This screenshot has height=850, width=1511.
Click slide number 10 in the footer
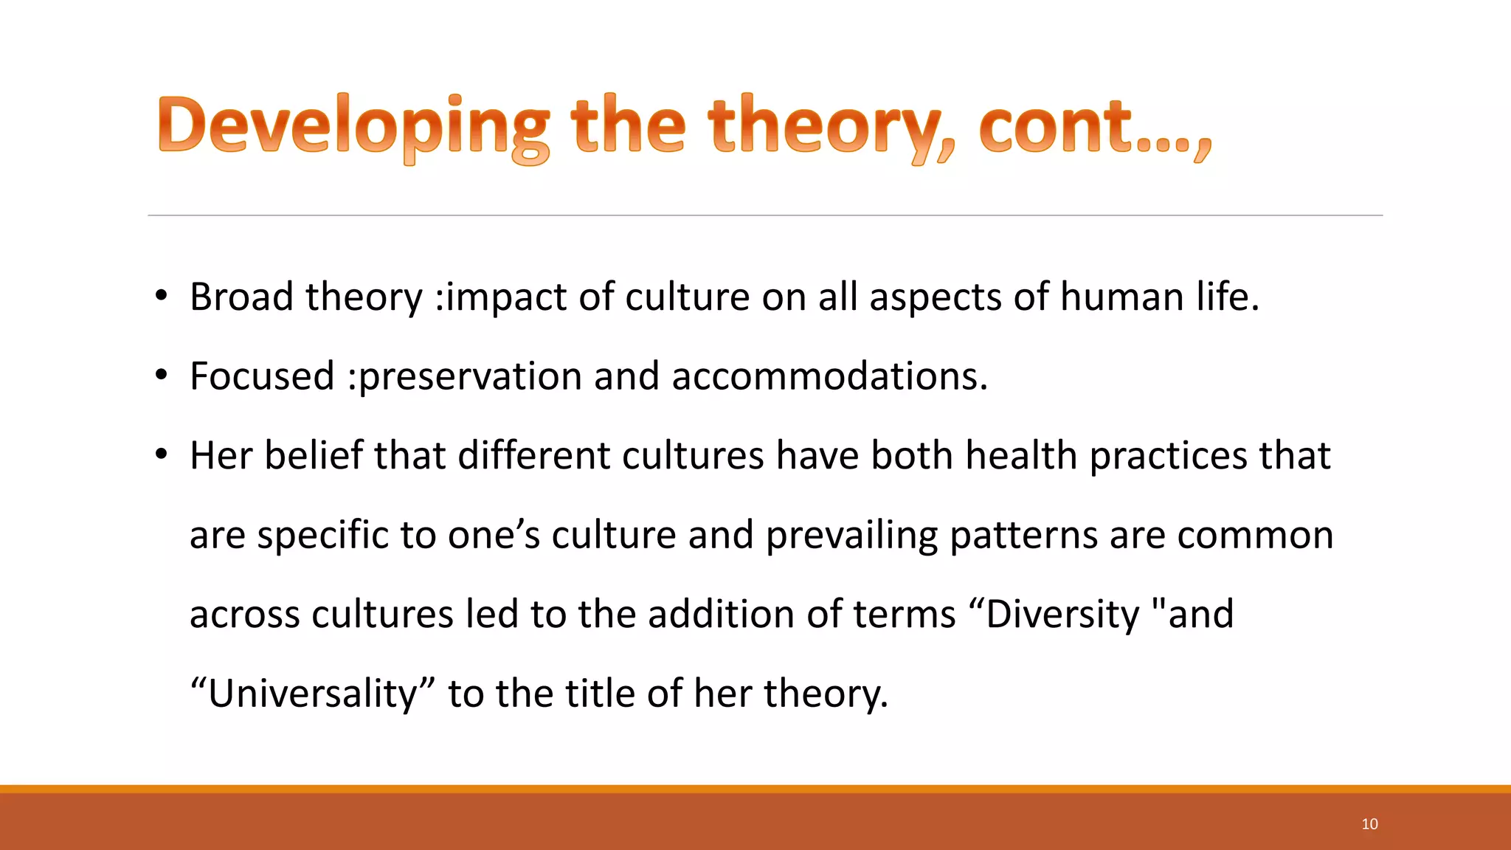pyautogui.click(x=1369, y=824)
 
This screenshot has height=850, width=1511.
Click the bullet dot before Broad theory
pyautogui.click(x=162, y=297)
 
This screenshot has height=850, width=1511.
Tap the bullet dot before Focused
pyautogui.click(x=162, y=376)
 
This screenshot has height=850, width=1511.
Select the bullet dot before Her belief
pyautogui.click(x=162, y=455)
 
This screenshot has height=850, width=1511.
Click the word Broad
pyautogui.click(x=241, y=297)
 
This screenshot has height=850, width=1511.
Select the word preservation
pyautogui.click(x=470, y=376)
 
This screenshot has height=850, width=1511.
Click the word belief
pyautogui.click(x=314, y=455)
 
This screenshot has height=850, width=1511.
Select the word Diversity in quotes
pyautogui.click(x=1062, y=615)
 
